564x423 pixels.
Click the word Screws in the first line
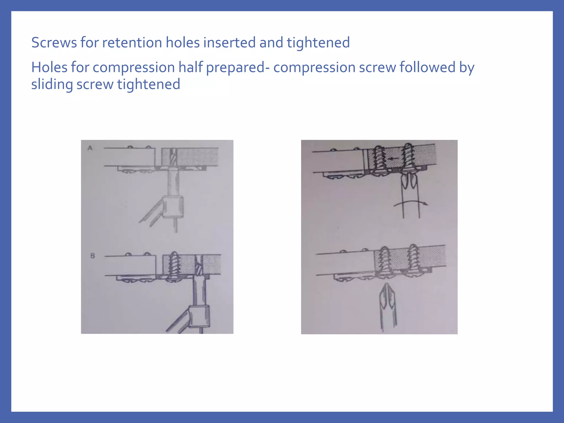pyautogui.click(x=54, y=43)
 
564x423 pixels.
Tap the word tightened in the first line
pyautogui.click(x=318, y=43)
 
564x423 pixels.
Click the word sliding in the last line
pyautogui.click(x=51, y=84)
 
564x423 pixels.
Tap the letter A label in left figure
pyautogui.click(x=90, y=148)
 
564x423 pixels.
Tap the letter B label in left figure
pyautogui.click(x=93, y=256)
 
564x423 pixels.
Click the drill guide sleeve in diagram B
pyautogui.click(x=199, y=316)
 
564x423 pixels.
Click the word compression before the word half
pyautogui.click(x=134, y=67)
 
